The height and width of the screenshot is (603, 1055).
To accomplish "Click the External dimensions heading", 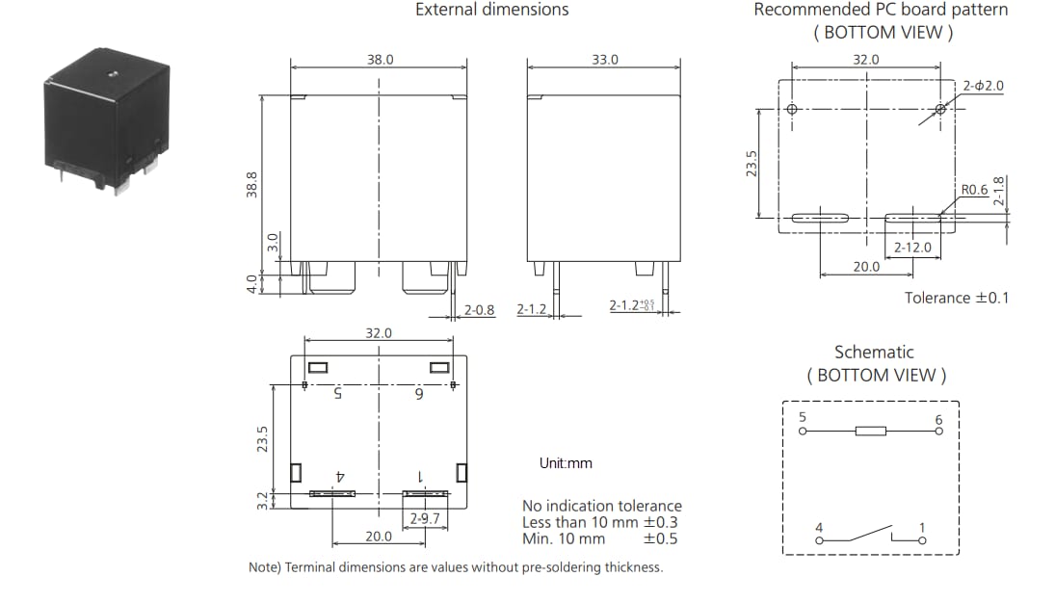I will pos(491,10).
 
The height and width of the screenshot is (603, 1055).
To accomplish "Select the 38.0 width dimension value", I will pos(380,60).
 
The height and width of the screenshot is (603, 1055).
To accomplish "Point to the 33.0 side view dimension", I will pos(605,60).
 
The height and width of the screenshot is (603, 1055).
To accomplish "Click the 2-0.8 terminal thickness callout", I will pos(479,310).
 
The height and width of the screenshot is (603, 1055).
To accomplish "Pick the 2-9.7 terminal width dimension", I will pos(425,519).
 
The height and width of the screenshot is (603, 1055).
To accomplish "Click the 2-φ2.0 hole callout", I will pos(983,86).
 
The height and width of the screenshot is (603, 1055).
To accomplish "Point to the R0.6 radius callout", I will pos(974,190).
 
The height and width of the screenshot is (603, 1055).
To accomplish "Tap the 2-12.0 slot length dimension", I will pos(912,248).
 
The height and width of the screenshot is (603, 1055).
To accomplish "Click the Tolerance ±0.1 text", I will pos(956,298).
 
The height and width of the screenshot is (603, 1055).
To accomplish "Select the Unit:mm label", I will pos(566,463).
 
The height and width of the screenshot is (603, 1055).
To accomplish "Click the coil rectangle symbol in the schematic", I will pos(870,431).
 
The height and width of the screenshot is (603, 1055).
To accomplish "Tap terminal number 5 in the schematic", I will pos(803,417).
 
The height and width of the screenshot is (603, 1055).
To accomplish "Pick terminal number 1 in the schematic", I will pos(922,527).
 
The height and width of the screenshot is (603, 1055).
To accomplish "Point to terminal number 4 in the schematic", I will pos(818,527).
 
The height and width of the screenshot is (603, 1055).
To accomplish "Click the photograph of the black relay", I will pos(106,122).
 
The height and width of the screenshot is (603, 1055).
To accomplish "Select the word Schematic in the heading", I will pos(873,353).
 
